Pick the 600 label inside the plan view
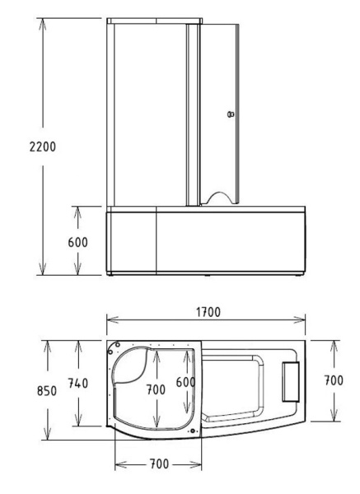click(186, 383)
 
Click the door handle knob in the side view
click(231, 114)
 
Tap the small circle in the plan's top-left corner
click(116, 345)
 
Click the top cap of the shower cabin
click(155, 18)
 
